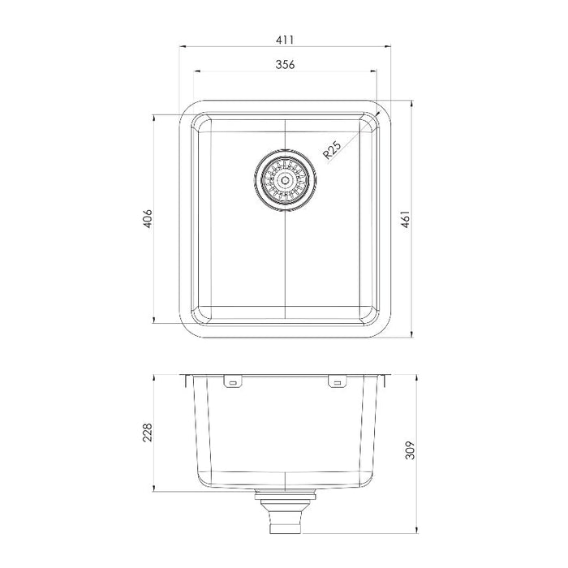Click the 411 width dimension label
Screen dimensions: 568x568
[285, 40]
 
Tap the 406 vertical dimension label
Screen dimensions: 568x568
[148, 218]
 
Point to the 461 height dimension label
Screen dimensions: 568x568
[406, 219]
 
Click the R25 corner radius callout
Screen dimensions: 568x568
[332, 150]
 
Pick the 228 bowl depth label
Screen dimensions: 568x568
[148, 432]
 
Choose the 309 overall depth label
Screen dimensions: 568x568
[410, 450]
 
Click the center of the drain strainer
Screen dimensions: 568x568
[286, 179]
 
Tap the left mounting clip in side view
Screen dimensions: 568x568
[233, 382]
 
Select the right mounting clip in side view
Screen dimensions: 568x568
[337, 382]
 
